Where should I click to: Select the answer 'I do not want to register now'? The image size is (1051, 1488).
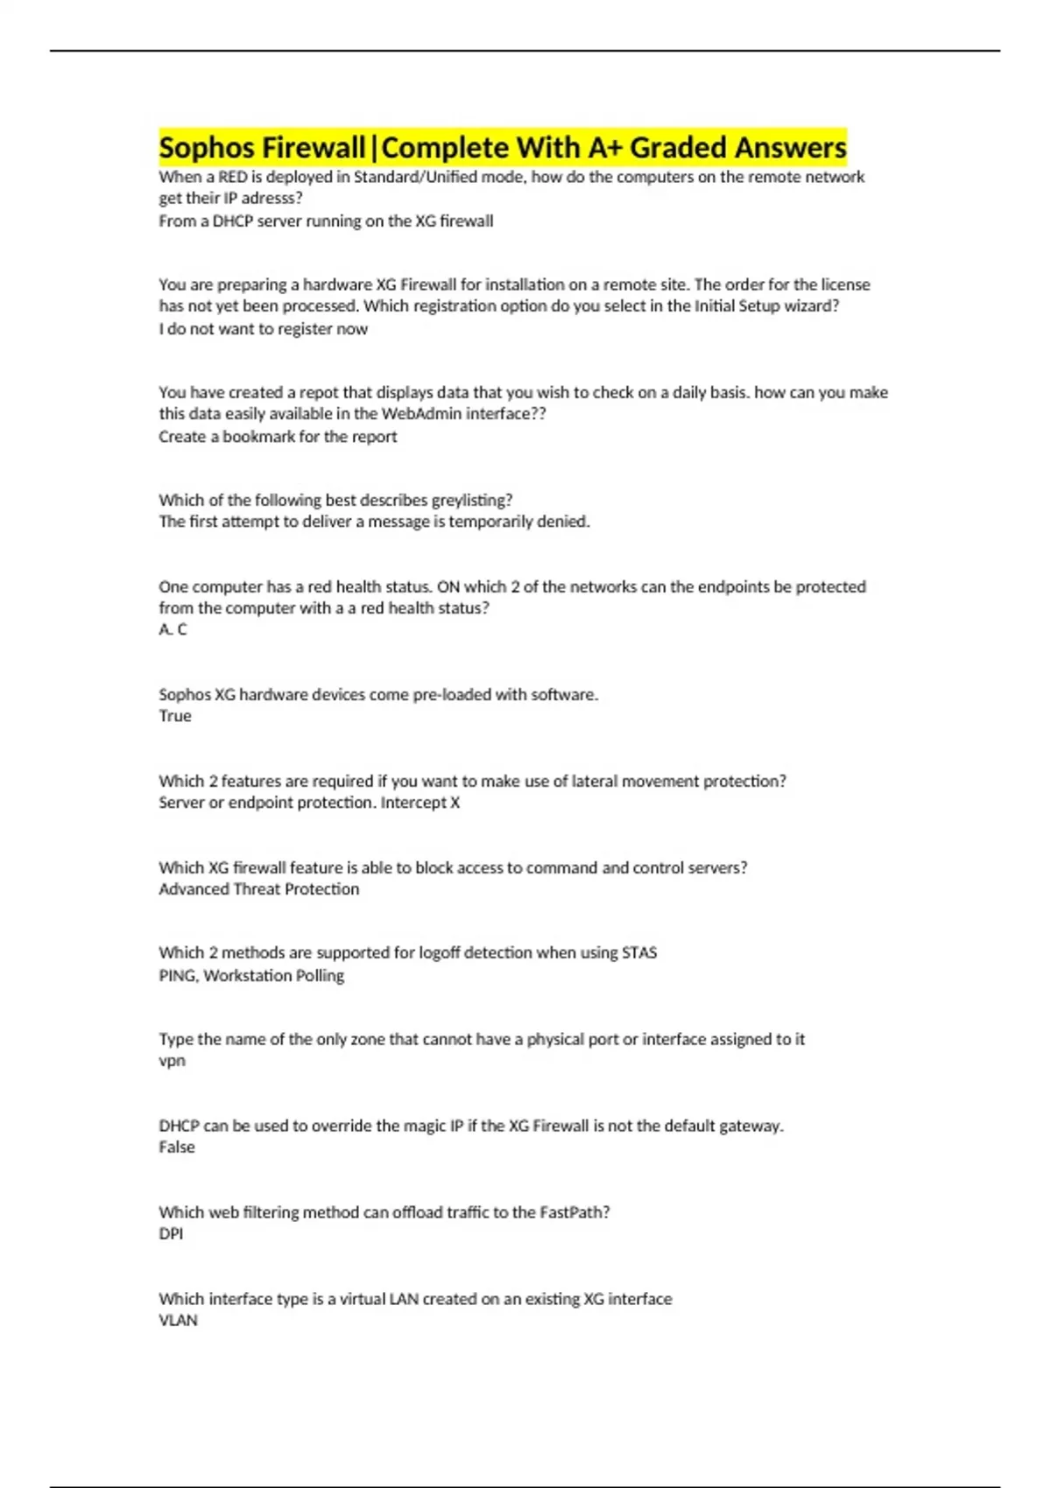click(263, 329)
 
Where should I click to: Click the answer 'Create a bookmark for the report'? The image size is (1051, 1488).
click(278, 437)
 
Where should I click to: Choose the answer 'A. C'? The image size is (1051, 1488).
click(173, 629)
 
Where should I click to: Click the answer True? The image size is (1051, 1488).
click(175, 716)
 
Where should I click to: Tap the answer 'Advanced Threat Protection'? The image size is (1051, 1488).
click(258, 889)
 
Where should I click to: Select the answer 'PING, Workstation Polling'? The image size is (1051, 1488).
click(251, 976)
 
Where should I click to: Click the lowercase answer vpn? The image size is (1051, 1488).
click(172, 1061)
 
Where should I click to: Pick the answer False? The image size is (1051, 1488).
click(177, 1148)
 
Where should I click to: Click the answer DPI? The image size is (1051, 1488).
click(171, 1234)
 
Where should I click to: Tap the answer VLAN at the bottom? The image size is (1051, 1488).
click(178, 1321)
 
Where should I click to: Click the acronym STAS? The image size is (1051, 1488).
click(638, 952)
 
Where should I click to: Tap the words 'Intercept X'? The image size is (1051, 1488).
click(420, 803)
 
